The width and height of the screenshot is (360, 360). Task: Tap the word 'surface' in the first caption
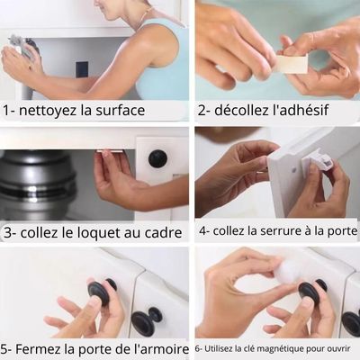point(120,110)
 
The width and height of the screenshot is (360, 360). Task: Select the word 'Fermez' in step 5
point(38,349)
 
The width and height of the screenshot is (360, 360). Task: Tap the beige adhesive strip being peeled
point(292,64)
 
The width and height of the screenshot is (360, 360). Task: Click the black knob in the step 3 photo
point(157,158)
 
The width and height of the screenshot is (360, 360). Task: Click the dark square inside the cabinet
point(82,69)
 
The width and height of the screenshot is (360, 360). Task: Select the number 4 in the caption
point(202,231)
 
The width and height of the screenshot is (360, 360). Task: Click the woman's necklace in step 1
point(145,14)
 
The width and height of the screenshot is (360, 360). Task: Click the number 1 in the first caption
point(6,111)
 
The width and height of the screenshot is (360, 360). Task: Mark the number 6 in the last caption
point(197,349)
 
